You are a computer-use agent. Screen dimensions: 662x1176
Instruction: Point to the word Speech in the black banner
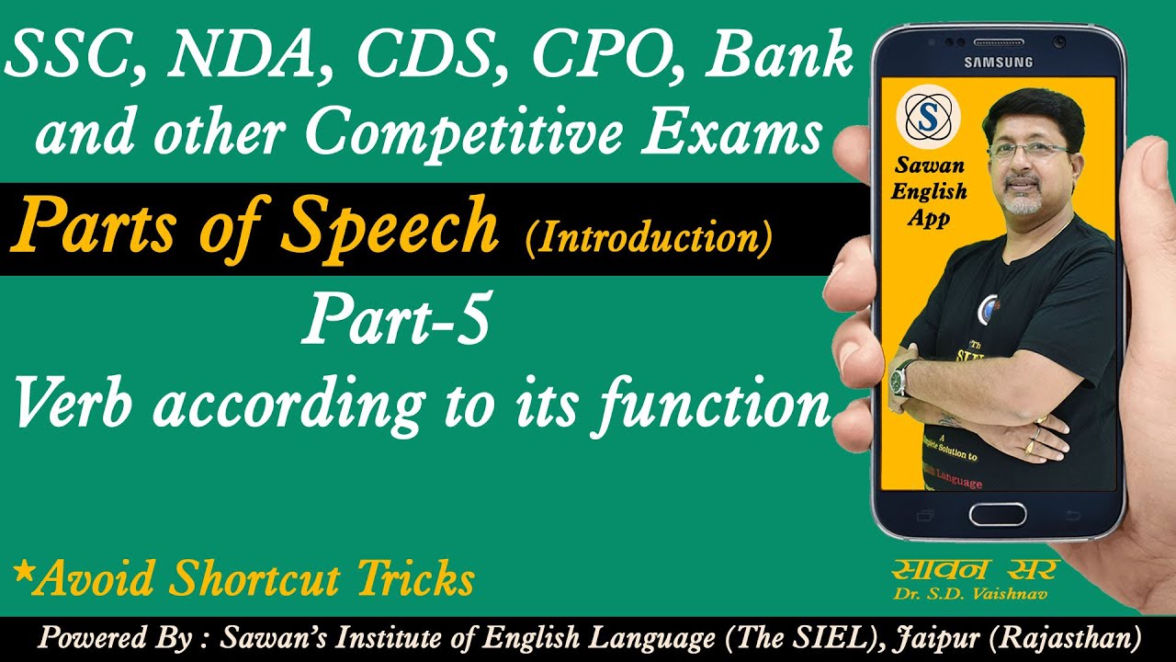tap(390, 229)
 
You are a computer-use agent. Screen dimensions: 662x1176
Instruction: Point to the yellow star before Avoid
tap(20, 572)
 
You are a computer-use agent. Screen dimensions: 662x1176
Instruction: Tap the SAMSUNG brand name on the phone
tap(998, 62)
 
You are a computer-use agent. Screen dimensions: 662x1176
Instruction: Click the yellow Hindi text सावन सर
tap(977, 569)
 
